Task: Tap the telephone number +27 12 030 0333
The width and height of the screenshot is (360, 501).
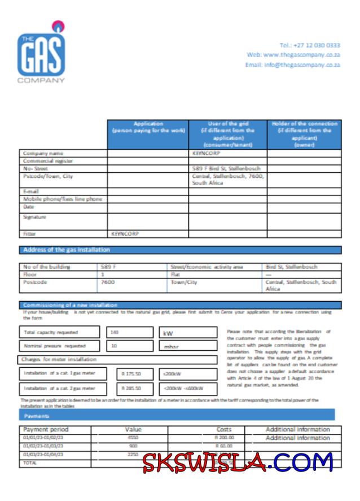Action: click(310, 45)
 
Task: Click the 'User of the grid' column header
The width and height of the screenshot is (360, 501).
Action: click(228, 134)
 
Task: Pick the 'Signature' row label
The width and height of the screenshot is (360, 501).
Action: click(34, 217)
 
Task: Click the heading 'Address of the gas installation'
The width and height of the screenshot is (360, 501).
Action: click(67, 250)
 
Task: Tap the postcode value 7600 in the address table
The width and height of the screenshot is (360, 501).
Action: click(107, 282)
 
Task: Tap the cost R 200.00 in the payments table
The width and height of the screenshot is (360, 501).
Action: click(224, 437)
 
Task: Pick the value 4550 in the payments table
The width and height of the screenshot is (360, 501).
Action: click(133, 437)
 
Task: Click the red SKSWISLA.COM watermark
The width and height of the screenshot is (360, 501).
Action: click(237, 463)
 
